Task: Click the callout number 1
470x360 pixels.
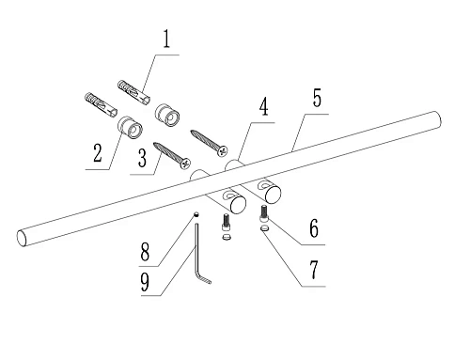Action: tap(166, 39)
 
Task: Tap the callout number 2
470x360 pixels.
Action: tap(98, 152)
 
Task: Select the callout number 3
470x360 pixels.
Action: tap(142, 158)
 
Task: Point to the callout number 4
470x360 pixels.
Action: tap(263, 106)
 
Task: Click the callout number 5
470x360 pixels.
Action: tap(317, 98)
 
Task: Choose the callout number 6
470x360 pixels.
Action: tap(314, 228)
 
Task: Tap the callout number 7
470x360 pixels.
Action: tap(314, 270)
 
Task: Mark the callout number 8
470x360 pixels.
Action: tap(145, 252)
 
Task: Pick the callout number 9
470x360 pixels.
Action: tap(145, 281)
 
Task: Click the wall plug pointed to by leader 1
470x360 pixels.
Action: tap(133, 92)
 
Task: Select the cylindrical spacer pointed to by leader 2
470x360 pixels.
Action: tap(130, 127)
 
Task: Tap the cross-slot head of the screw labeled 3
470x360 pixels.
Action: tap(186, 163)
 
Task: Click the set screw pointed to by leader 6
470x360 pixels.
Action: tap(263, 212)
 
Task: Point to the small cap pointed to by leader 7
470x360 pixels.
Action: tap(265, 227)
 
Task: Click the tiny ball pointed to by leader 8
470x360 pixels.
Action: tap(196, 214)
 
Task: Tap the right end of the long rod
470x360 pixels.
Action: tap(437, 119)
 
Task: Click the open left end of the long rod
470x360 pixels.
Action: tap(22, 238)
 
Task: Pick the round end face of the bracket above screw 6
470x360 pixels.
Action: tap(273, 194)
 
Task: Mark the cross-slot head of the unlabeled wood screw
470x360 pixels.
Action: tap(223, 151)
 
